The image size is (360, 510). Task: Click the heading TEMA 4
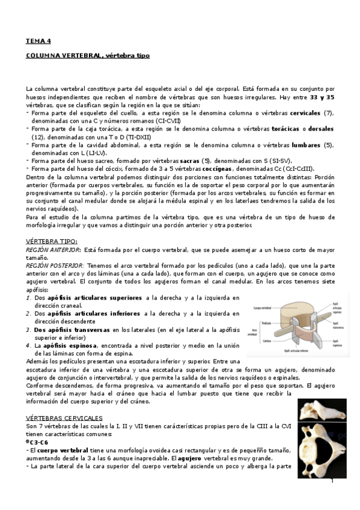(x=38, y=41)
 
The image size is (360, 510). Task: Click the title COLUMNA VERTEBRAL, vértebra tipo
(x=87, y=55)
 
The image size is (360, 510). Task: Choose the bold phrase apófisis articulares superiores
(x=102, y=297)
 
